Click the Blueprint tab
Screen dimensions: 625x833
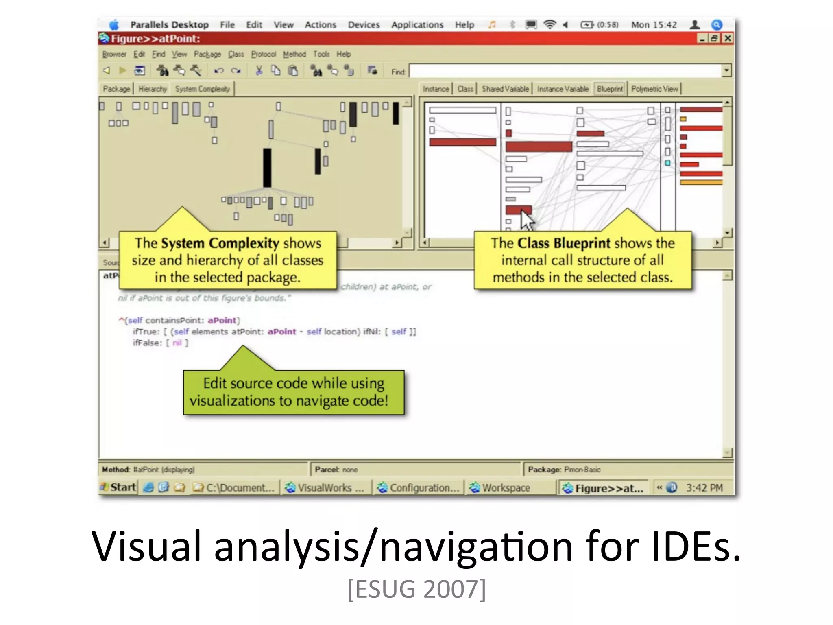610,89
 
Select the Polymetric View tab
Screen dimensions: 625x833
654,89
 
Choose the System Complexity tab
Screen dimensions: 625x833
202,89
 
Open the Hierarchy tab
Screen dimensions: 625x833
153,89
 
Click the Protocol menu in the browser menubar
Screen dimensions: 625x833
263,54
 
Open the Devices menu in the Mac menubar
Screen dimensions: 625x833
363,25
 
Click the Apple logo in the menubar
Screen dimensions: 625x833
114,25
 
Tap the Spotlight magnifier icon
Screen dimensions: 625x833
717,25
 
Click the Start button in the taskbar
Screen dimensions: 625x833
118,487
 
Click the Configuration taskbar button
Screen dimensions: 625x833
419,487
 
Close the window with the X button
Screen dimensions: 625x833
728,38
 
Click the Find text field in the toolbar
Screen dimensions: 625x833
565,71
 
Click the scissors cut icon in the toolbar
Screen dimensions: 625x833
259,71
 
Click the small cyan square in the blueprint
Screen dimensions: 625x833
668,163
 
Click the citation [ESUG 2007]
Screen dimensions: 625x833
416,589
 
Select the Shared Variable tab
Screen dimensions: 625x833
505,89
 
